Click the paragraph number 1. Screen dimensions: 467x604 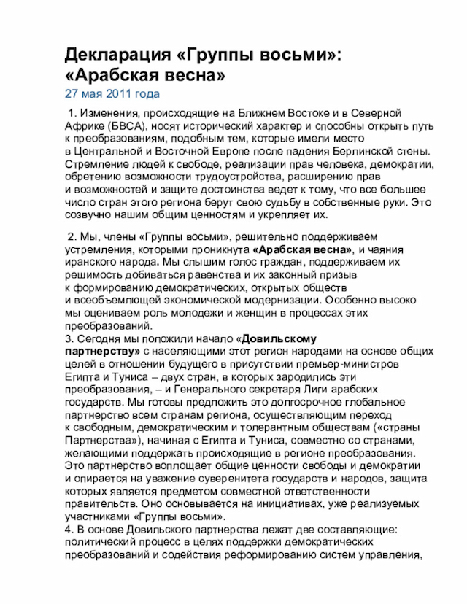tap(71, 113)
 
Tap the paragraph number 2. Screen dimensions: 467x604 tap(71, 237)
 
